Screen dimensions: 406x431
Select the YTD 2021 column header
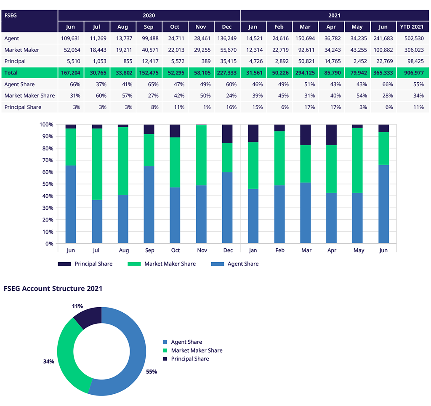[x=411, y=27]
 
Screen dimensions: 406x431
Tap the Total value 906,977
[x=411, y=73]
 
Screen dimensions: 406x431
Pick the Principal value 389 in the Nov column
[x=201, y=61]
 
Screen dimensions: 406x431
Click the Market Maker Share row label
[x=29, y=96]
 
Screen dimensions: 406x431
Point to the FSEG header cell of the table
[x=29, y=16]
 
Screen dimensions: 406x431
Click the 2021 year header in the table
[x=334, y=16]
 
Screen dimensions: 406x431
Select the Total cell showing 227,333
[x=227, y=73]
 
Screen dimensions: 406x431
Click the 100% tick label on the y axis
[x=46, y=125]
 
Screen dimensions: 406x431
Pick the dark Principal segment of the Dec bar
[x=227, y=134]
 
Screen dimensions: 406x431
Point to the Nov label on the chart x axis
[x=201, y=250]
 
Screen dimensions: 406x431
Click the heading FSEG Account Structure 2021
[x=53, y=289]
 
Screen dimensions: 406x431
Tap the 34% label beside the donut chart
[x=48, y=361]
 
